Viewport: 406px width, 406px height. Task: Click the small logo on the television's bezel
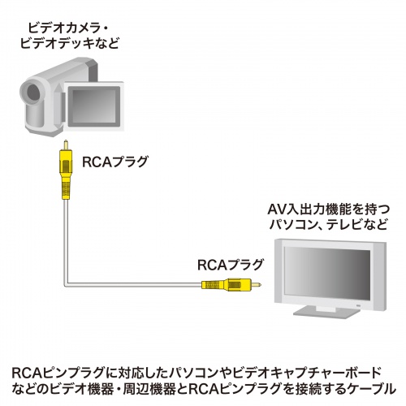[x=354, y=301]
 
